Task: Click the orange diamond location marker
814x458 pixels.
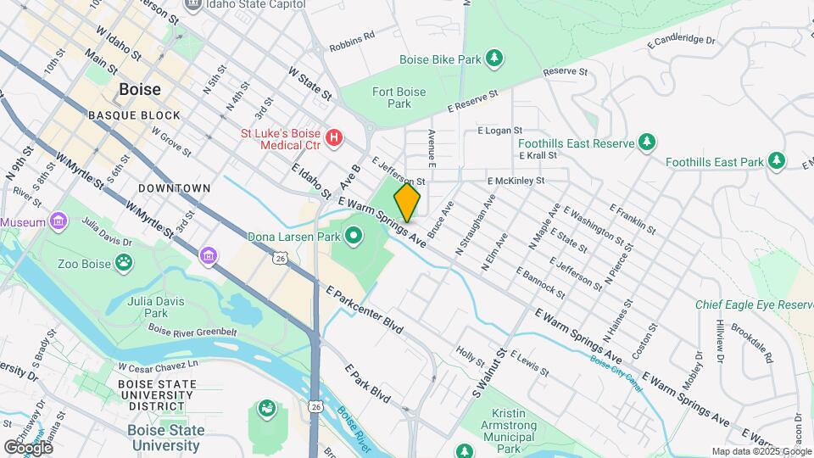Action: [x=407, y=203]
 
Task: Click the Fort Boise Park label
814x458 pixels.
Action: [x=392, y=97]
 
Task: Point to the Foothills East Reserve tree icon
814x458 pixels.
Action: [x=647, y=143]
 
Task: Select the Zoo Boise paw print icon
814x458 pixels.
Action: [x=124, y=263]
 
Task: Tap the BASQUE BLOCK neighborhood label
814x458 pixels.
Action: [x=135, y=114]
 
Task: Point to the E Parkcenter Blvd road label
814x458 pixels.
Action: [x=365, y=312]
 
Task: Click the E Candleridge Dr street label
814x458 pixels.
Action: [x=681, y=40]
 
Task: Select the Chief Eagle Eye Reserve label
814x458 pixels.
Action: [x=754, y=304]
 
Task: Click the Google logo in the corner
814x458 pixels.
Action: [x=28, y=447]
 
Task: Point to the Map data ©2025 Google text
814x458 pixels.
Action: [x=761, y=451]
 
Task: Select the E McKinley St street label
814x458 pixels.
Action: [x=515, y=181]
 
